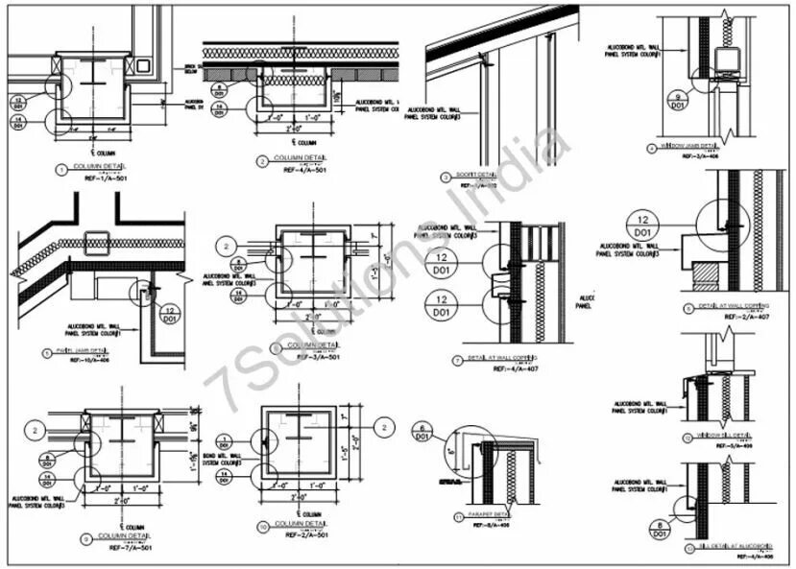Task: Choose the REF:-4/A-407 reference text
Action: [507, 368]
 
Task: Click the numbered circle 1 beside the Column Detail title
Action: [62, 170]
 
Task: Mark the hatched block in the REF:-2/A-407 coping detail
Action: [705, 276]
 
